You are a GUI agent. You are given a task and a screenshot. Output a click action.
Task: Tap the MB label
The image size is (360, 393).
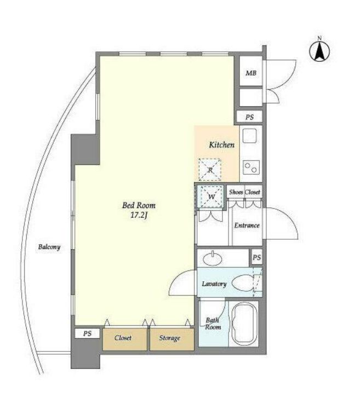(x=251, y=73)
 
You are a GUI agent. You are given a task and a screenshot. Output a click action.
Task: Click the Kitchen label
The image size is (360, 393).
(x=222, y=145)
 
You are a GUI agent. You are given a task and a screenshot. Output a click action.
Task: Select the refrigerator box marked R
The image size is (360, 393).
(x=210, y=170)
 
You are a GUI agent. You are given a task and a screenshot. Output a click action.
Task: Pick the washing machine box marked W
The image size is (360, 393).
(x=210, y=196)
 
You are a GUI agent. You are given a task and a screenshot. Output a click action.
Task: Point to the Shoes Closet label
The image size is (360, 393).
(x=244, y=192)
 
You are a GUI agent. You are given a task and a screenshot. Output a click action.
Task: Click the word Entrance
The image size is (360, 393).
(x=247, y=226)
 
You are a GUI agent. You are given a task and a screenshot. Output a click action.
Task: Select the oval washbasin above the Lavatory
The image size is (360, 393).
(x=213, y=259)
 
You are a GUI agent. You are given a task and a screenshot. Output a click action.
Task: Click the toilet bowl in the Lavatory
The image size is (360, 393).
(x=243, y=283)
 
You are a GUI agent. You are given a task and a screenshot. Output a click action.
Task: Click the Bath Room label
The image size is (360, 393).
(x=213, y=323)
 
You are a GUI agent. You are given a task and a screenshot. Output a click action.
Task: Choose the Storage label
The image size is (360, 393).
(x=169, y=338)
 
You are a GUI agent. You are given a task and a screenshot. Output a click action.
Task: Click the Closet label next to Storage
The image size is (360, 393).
(x=123, y=338)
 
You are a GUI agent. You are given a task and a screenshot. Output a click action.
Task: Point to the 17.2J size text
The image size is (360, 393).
(x=139, y=216)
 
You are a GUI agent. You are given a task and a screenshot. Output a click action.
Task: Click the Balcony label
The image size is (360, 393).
(x=49, y=247)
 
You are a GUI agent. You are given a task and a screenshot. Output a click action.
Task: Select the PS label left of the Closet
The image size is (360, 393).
(x=87, y=334)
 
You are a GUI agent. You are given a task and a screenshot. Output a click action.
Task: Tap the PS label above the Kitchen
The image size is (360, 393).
(x=249, y=117)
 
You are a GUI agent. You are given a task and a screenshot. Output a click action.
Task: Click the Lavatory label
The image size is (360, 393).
(x=214, y=284)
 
